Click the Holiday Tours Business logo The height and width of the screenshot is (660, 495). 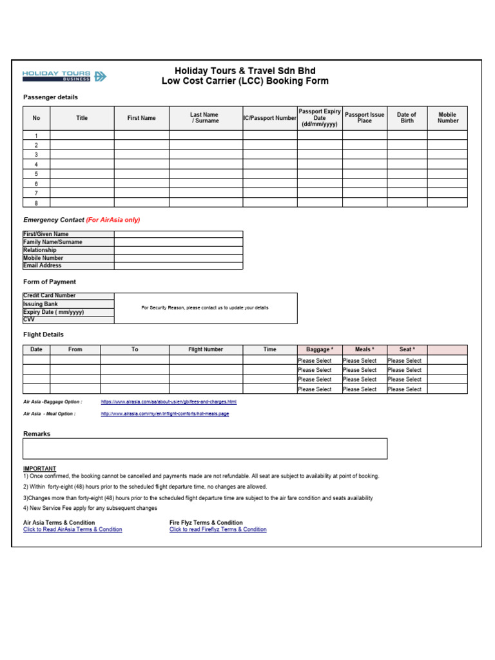[x=64, y=77]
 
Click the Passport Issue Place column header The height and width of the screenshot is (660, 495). [x=364, y=118]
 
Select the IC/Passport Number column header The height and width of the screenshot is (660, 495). [x=269, y=118]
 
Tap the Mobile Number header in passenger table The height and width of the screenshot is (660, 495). [x=447, y=118]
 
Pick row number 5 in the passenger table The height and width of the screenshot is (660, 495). [x=36, y=174]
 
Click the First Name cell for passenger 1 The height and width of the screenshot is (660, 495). [x=141, y=135]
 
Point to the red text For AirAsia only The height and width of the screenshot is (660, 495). [x=113, y=220]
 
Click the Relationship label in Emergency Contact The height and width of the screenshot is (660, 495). [x=40, y=250]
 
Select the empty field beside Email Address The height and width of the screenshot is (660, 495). [x=178, y=266]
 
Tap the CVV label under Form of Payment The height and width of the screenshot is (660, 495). [x=29, y=320]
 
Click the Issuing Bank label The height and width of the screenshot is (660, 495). [x=41, y=304]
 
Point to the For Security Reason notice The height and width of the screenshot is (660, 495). [x=205, y=308]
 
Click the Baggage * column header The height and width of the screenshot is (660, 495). [x=320, y=349]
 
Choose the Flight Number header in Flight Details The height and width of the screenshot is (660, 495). [x=206, y=349]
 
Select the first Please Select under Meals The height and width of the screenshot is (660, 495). [x=360, y=361]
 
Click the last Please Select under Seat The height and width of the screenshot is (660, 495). [x=405, y=389]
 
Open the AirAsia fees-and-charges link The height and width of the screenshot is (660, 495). [x=169, y=402]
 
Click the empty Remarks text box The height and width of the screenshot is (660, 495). [x=205, y=449]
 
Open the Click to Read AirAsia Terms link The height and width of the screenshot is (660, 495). [x=72, y=530]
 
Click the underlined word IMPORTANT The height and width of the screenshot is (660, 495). [x=39, y=469]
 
